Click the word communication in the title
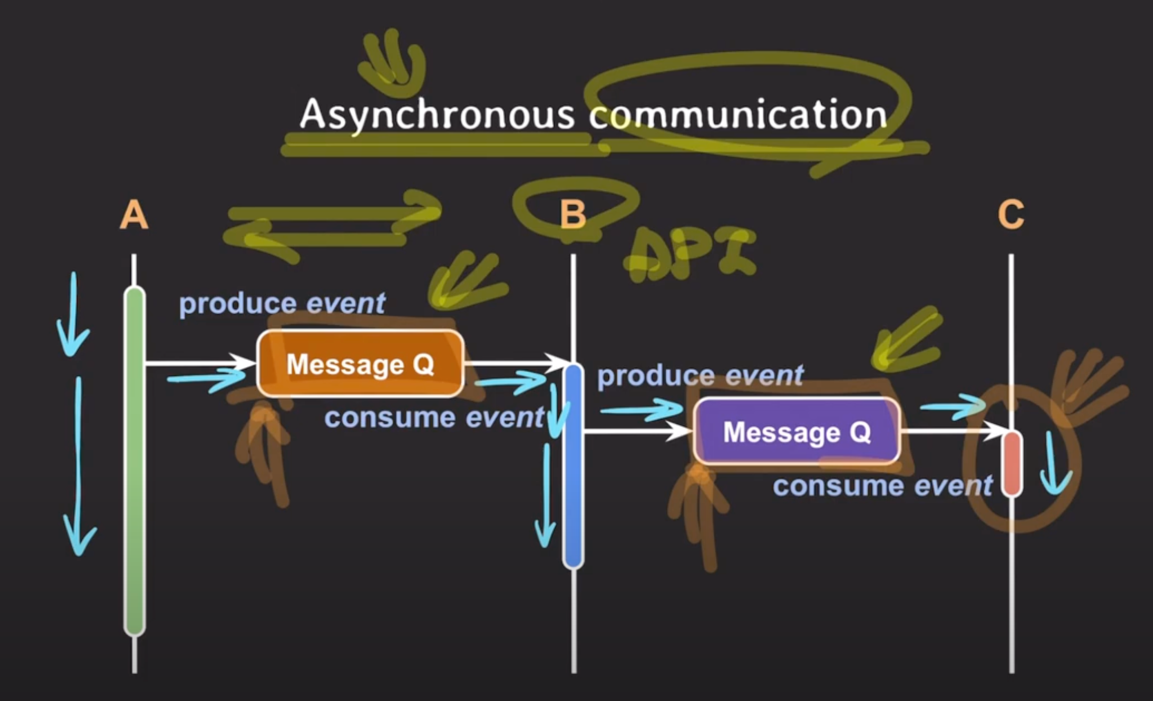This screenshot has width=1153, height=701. coord(737,115)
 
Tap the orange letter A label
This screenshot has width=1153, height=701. coord(134,215)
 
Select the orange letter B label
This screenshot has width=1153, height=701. coord(573,215)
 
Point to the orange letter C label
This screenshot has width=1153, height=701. coord(1011,214)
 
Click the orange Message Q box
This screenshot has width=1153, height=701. coord(360,364)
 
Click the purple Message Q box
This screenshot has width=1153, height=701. coord(797,431)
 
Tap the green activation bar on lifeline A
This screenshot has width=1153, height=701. coord(135,461)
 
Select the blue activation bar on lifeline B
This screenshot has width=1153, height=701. coord(573,466)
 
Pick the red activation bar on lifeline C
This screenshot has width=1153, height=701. coord(1012,463)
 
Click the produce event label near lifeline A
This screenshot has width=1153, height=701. coord(282,303)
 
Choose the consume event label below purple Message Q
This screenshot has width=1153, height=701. coord(882,486)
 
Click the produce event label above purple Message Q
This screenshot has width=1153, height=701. coord(700,376)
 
